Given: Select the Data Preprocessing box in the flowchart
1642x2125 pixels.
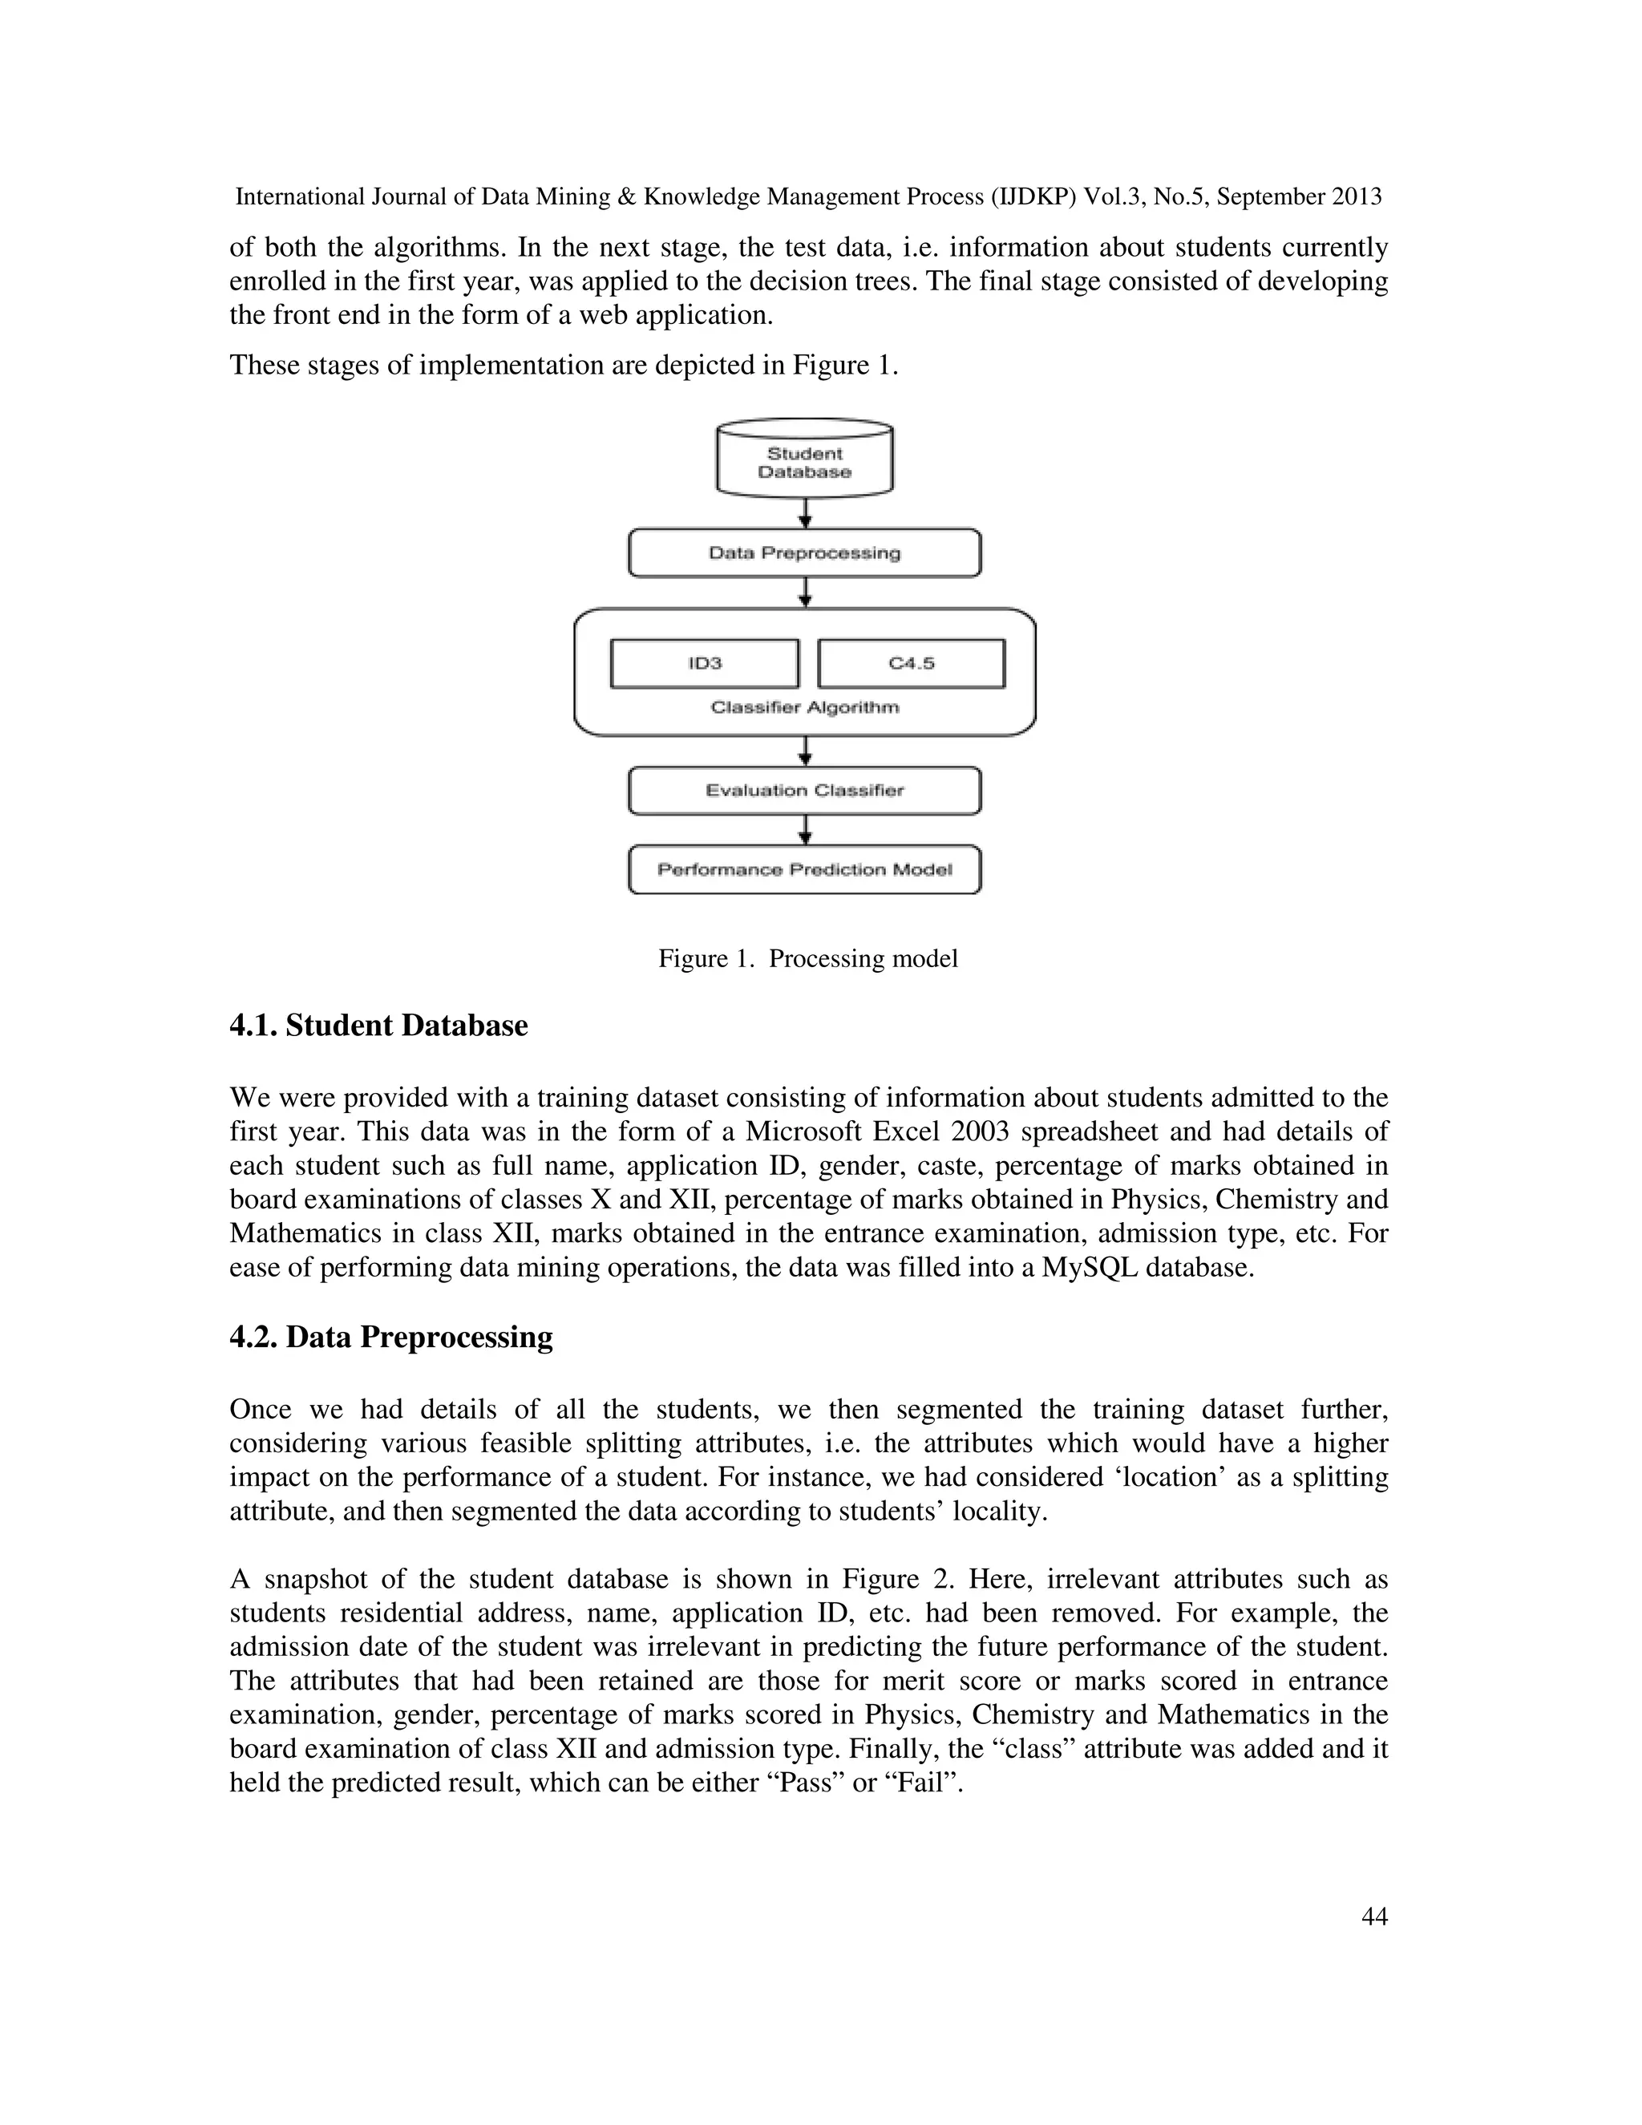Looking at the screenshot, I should coord(804,552).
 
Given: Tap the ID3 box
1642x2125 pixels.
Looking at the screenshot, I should coord(704,664).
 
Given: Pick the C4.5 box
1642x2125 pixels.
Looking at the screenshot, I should coord(912,664).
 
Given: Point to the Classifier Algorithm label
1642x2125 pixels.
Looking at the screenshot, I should coord(804,707).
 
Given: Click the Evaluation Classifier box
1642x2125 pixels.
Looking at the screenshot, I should coord(804,790).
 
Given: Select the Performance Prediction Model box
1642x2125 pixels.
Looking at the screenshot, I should coord(804,869).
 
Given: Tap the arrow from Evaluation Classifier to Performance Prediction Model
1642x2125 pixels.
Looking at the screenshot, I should coord(804,830).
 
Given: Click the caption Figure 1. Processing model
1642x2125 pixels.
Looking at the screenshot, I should coord(807,958).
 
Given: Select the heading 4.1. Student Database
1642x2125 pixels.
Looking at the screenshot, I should coord(378,1026).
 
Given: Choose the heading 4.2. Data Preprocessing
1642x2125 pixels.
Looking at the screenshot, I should coord(391,1337).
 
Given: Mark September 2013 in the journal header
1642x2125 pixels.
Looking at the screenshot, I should coord(1299,196).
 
